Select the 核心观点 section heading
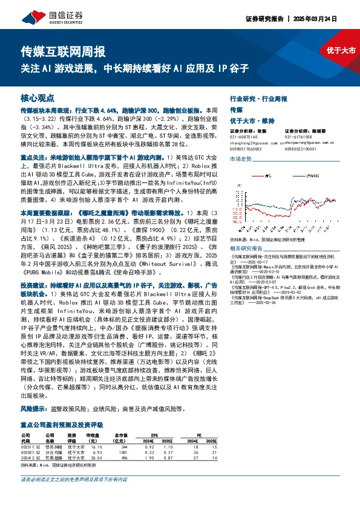38,97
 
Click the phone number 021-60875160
244,137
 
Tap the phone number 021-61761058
299,137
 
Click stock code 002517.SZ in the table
30,446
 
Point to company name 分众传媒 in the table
54,452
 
